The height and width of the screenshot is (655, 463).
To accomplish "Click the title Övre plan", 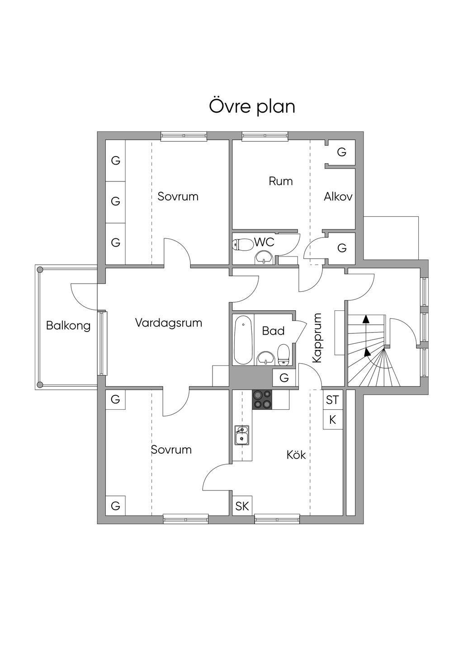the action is [252, 107].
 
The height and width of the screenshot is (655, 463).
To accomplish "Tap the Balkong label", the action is [68, 326].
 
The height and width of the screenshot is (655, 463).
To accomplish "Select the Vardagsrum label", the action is [169, 323].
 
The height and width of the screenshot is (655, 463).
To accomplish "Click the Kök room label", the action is [296, 455].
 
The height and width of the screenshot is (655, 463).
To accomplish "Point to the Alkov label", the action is [338, 196].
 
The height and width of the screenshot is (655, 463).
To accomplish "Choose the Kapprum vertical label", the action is [317, 338].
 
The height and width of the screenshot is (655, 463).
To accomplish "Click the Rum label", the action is [281, 181].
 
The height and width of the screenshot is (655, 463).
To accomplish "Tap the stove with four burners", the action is [262, 400].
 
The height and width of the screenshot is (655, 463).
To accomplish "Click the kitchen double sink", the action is [242, 435].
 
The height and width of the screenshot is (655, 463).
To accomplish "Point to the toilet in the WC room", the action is [242, 244].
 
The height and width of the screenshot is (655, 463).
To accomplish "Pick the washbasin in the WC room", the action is [265, 258].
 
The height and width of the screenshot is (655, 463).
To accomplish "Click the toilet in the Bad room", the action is [283, 355].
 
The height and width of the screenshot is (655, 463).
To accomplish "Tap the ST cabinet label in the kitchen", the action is [332, 400].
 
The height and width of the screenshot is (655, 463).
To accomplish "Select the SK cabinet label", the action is [242, 506].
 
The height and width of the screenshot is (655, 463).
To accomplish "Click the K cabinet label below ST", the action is [333, 420].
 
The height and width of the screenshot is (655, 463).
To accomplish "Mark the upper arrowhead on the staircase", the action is [365, 319].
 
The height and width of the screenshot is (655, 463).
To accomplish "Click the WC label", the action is [264, 242].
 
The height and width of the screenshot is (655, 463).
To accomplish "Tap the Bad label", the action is [273, 331].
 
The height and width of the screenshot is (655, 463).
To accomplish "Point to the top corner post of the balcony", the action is [40, 270].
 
